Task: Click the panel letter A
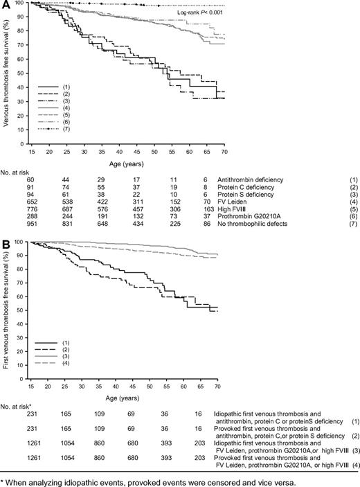point(5,5)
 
